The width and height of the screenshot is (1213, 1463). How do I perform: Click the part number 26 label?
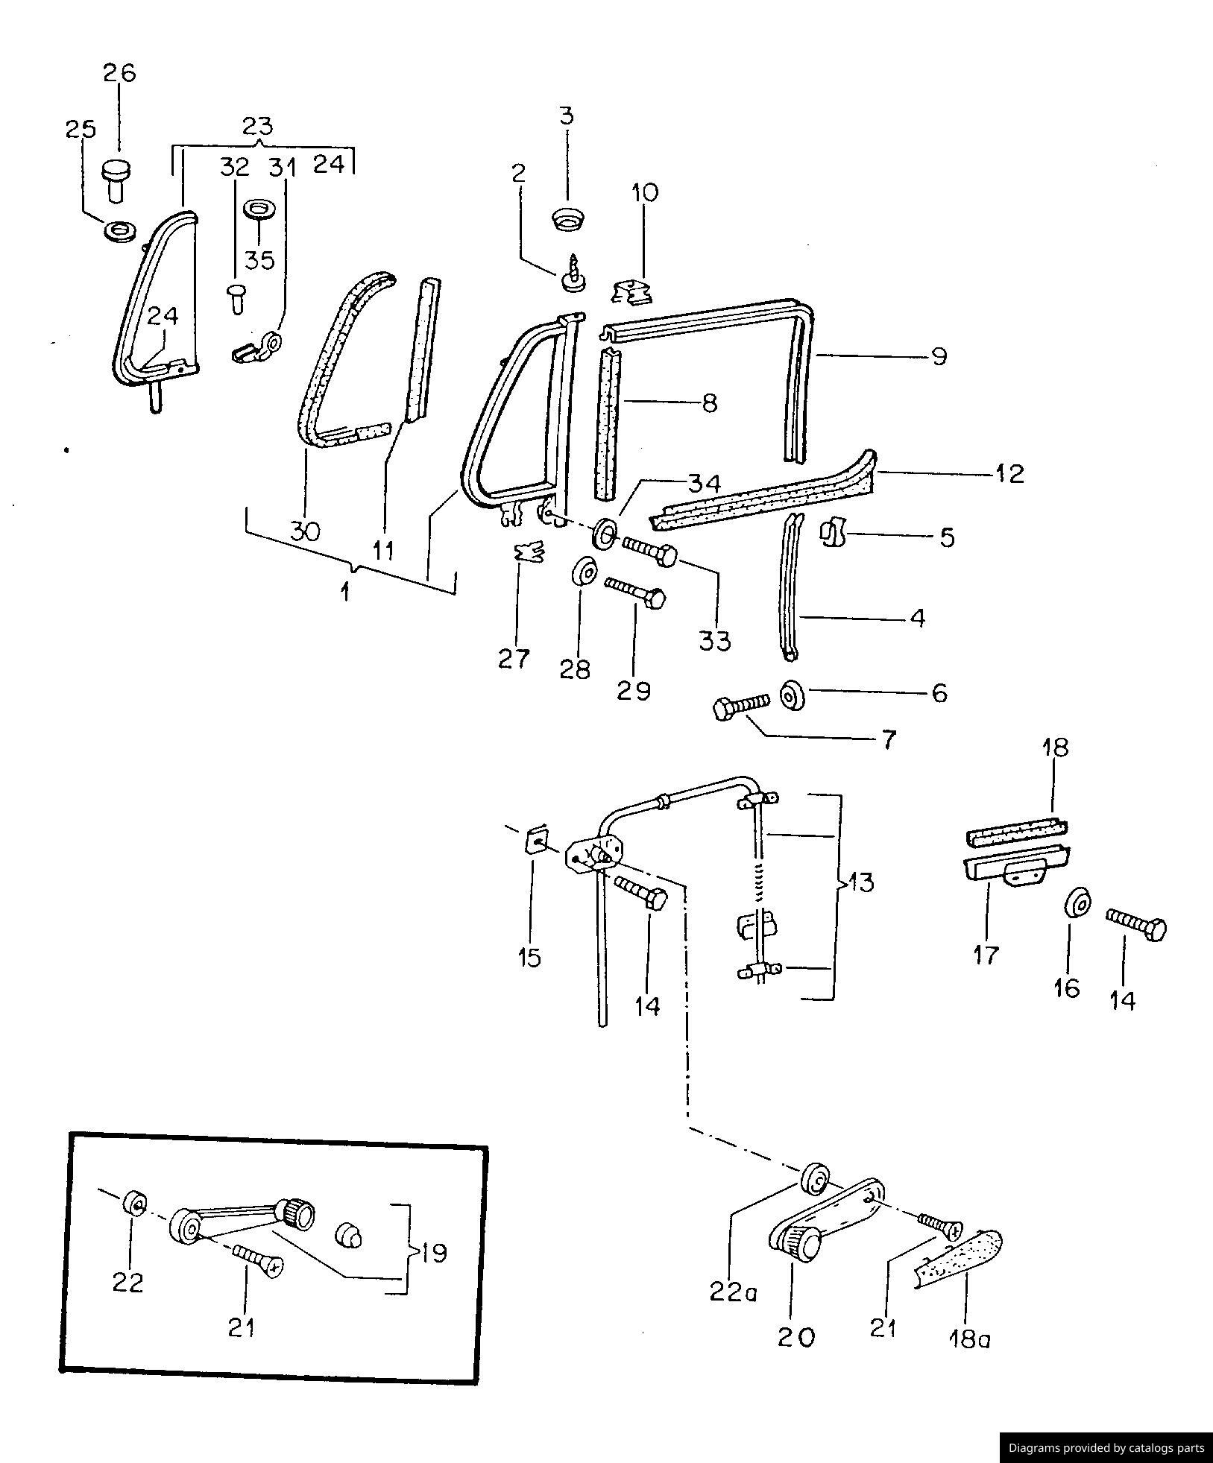(119, 72)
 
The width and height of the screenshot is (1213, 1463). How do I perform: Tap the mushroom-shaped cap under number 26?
(116, 179)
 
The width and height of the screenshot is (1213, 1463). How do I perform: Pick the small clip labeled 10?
(631, 291)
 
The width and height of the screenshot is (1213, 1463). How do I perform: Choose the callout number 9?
(939, 356)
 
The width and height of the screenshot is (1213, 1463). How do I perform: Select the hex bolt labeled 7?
(741, 707)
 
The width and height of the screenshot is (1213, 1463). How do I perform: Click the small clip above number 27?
(529, 552)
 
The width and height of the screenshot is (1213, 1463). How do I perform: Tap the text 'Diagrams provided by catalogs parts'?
(1106, 1448)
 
